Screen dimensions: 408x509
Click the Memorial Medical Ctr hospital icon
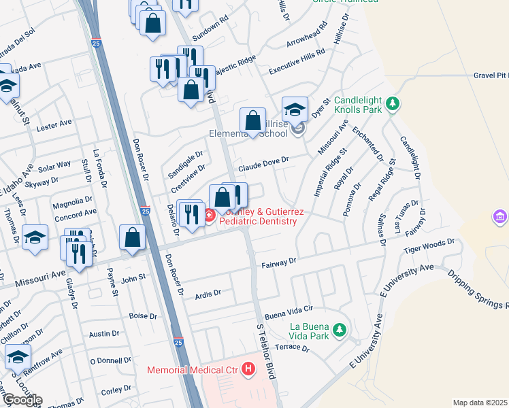coord(248,370)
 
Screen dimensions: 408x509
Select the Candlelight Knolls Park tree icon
coord(391,103)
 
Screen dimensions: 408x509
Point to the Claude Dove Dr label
coord(263,164)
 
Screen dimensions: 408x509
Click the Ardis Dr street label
coord(208,294)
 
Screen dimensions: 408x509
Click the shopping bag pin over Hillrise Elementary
coord(253,122)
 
